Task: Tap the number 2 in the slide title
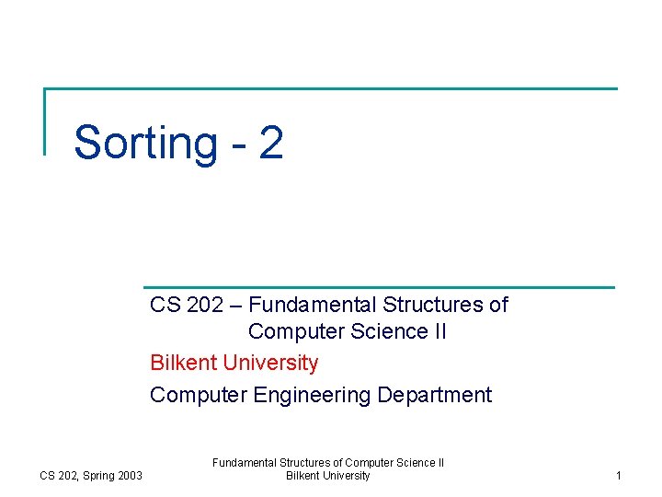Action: (x=270, y=143)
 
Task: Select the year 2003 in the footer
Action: (x=130, y=476)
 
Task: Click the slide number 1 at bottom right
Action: (x=619, y=476)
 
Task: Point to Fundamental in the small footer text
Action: (x=241, y=463)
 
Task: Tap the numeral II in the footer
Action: (x=439, y=463)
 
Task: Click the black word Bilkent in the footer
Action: (x=303, y=476)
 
